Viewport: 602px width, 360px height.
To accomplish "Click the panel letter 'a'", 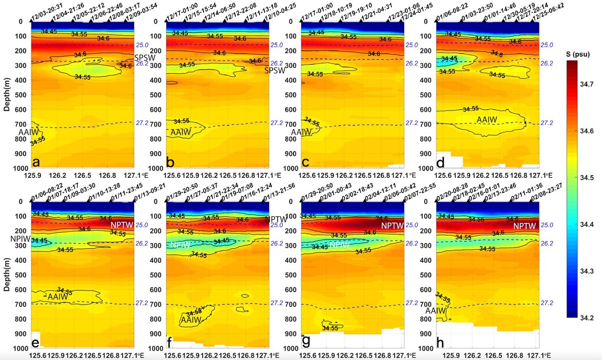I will point(36,163).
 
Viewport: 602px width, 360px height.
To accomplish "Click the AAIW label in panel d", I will point(486,120).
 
